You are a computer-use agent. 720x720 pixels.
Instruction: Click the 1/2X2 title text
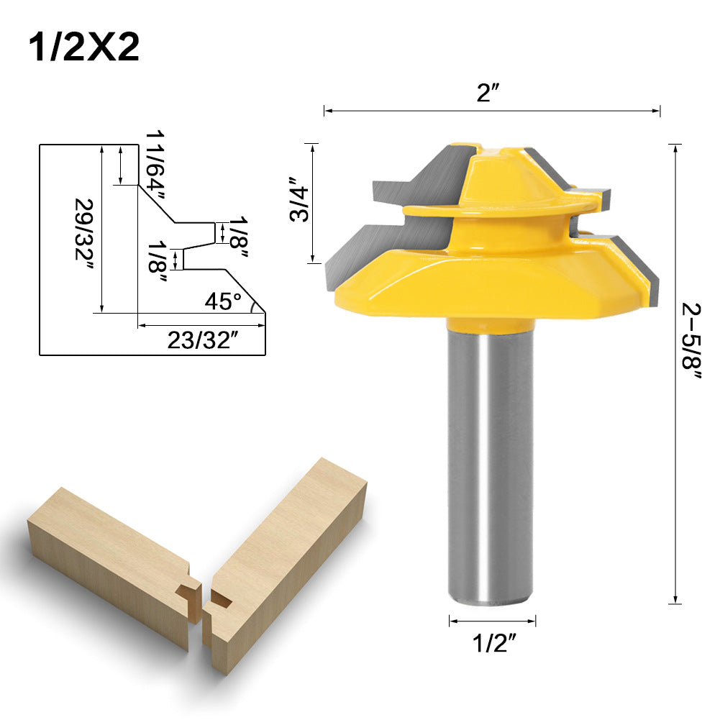(x=83, y=48)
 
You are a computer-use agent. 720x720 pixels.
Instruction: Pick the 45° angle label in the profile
(x=222, y=301)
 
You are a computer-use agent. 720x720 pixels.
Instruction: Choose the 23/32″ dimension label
(x=202, y=340)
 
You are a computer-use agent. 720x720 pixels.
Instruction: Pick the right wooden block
(x=288, y=554)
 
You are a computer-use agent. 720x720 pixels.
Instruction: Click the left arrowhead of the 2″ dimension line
(x=327, y=111)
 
